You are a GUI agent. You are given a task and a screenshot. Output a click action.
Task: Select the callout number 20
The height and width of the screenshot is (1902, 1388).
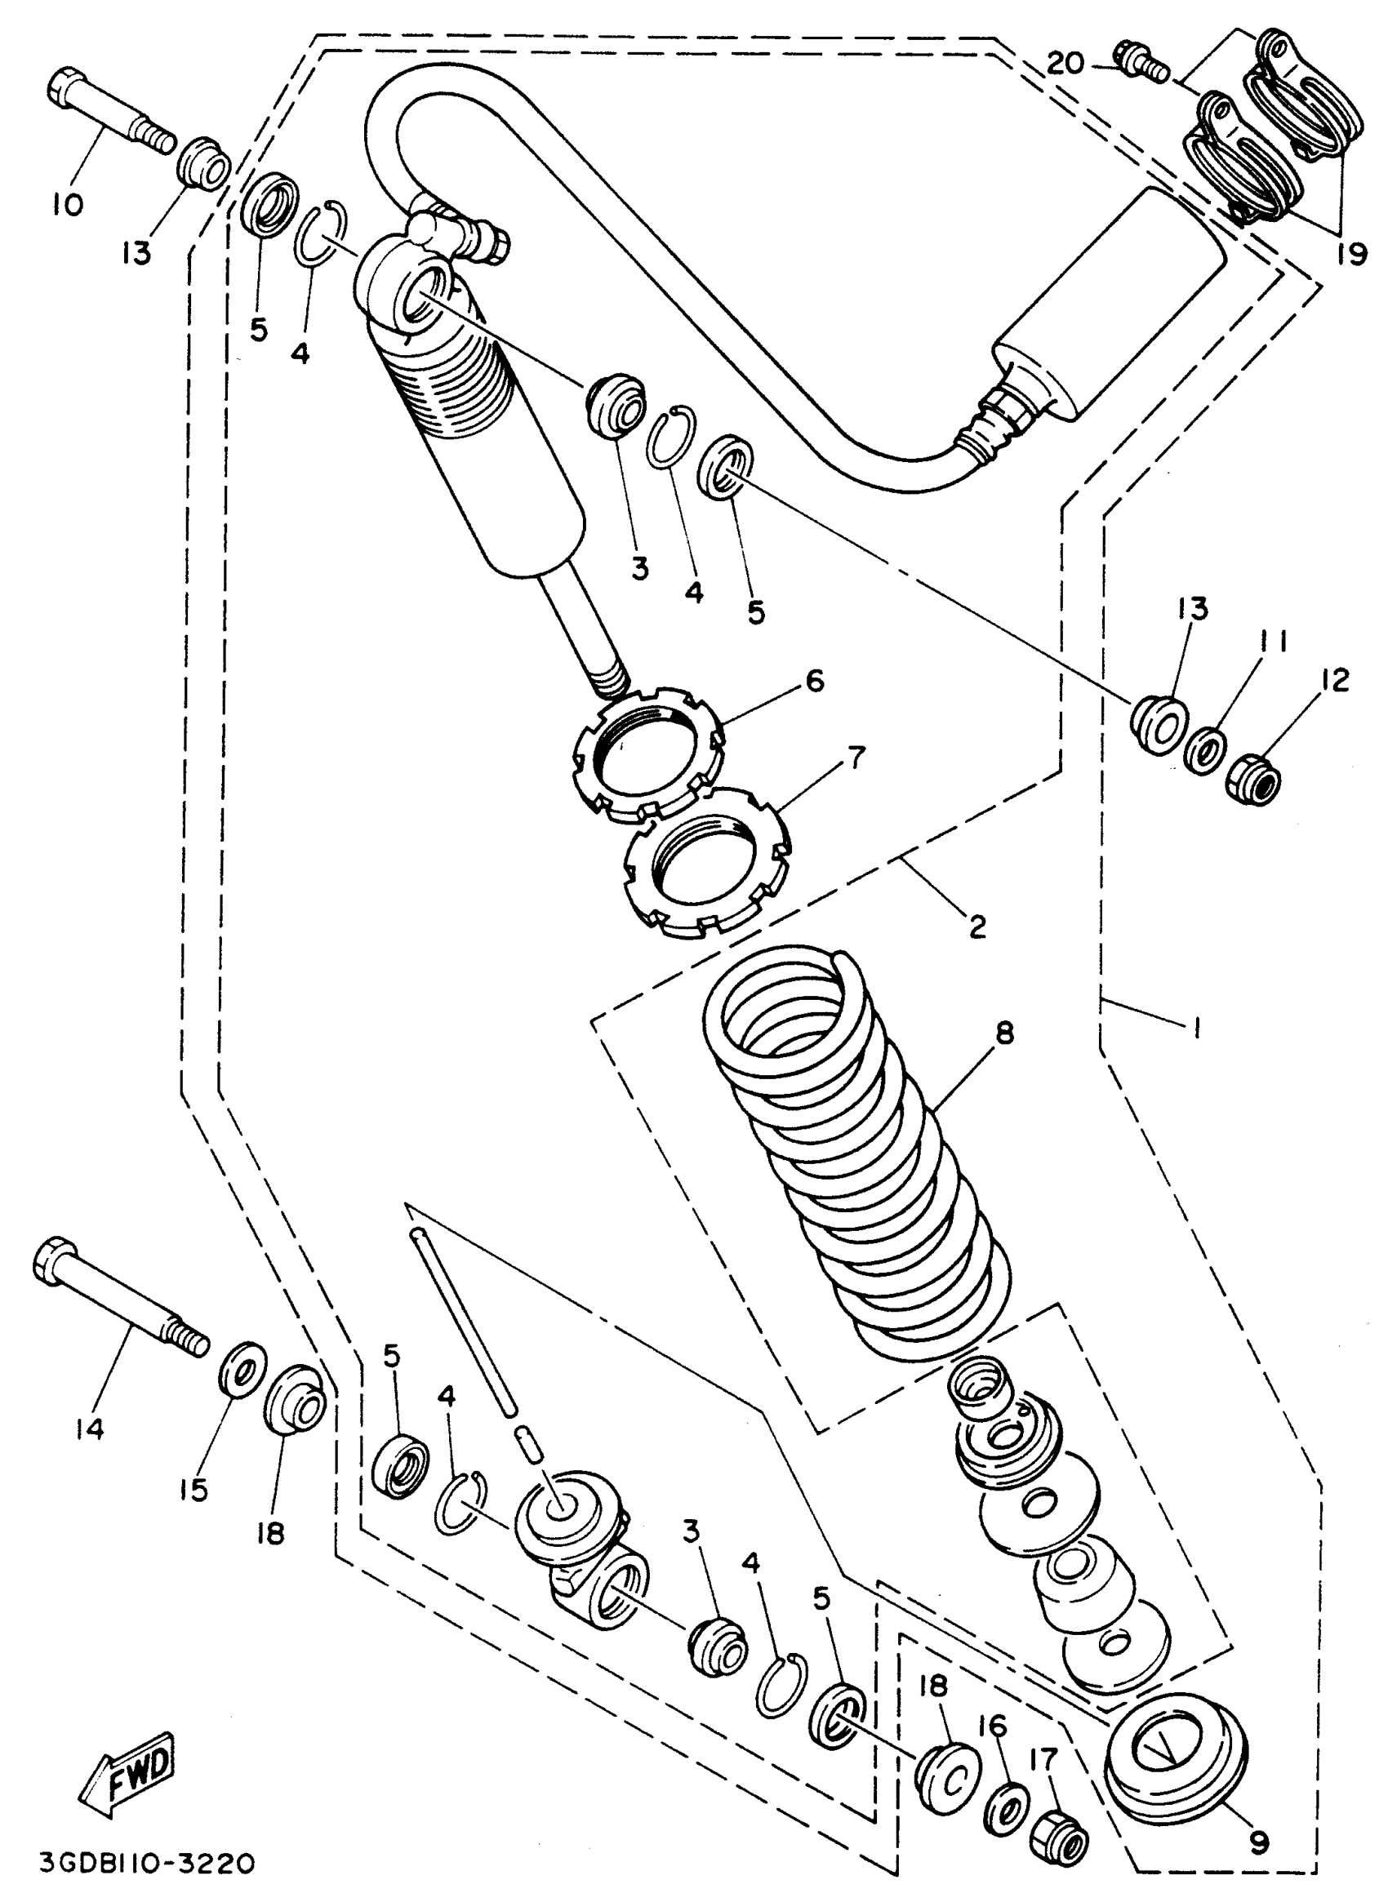pos(1066,63)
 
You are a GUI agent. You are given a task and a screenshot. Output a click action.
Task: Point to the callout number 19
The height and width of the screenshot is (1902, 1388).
pos(1351,255)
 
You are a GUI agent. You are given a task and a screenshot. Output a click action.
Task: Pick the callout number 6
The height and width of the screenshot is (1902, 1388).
pos(815,681)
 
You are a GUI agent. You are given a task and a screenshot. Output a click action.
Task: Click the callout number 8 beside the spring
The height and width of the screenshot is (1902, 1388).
pos(1005,1033)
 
